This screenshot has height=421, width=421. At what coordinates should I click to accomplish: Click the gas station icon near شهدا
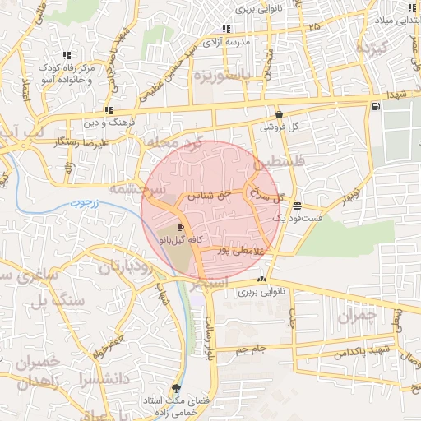click(376, 105)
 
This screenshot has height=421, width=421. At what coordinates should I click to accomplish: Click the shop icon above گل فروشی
click(279, 115)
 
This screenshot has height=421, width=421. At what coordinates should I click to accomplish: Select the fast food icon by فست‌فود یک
click(296, 206)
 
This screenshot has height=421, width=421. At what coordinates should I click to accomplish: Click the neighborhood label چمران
click(356, 315)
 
